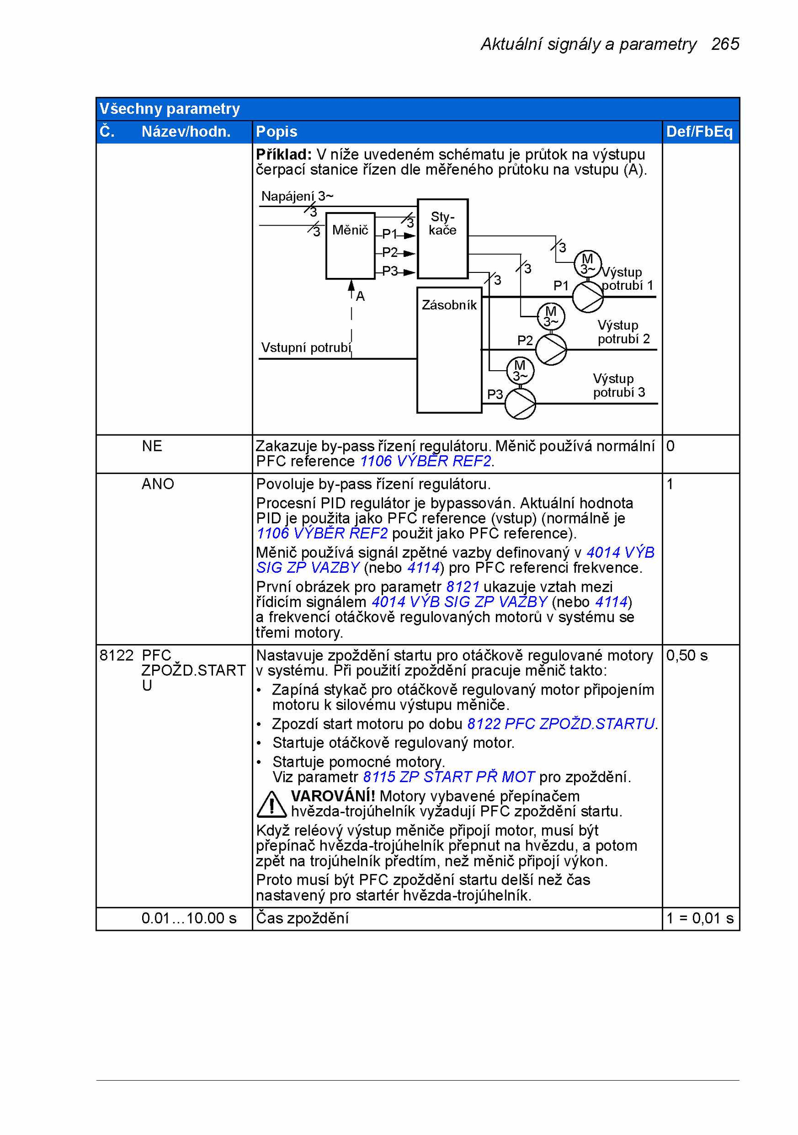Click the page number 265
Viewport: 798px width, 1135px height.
[725, 44]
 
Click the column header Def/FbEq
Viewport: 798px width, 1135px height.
[699, 131]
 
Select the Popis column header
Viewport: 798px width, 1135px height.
[276, 131]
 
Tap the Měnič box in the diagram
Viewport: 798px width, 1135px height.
[350, 245]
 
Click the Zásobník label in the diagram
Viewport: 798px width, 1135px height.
[449, 305]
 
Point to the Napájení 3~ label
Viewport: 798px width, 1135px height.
[297, 196]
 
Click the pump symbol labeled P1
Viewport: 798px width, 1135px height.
[588, 297]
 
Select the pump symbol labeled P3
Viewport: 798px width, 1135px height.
[520, 403]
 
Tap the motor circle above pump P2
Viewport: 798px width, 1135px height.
[551, 316]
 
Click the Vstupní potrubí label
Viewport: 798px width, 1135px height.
[306, 347]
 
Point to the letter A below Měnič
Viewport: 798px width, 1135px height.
[360, 296]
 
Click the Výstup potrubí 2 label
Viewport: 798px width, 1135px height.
[624, 332]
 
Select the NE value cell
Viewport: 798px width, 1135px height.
[152, 446]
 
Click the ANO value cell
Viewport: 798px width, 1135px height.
[158, 483]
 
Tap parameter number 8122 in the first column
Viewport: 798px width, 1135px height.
[117, 655]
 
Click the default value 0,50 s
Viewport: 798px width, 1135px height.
[687, 655]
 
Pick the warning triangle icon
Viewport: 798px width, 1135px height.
[271, 804]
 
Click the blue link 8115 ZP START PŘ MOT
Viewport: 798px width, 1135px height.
[449, 777]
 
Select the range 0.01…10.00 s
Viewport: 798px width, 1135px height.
[189, 918]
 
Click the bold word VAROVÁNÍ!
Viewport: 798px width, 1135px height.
[333, 796]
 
